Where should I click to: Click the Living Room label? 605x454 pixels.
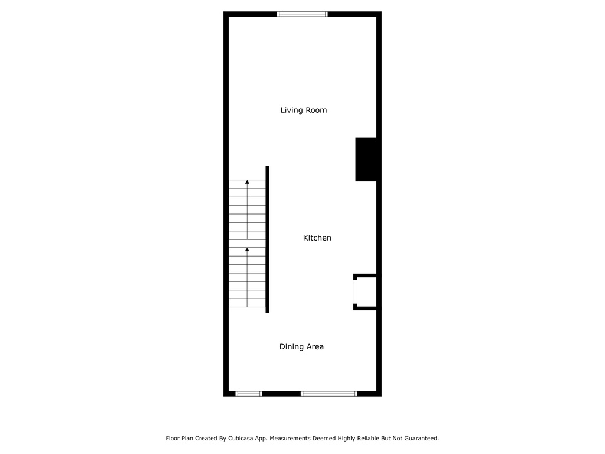click(303, 111)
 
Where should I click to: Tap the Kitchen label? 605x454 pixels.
click(317, 238)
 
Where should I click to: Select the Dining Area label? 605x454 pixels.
click(301, 346)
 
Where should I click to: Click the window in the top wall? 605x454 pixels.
click(302, 14)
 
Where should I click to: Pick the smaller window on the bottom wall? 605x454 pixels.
click(249, 394)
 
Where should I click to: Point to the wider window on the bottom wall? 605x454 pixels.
click(328, 394)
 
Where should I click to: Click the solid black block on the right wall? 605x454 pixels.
click(366, 160)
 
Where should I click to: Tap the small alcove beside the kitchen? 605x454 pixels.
click(365, 292)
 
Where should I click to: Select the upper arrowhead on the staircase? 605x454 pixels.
click(247, 182)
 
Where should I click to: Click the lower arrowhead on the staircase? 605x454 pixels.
click(247, 250)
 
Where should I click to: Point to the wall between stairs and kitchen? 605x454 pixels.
click(268, 239)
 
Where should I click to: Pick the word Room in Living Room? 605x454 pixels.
click(317, 111)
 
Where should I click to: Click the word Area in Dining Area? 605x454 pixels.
click(315, 346)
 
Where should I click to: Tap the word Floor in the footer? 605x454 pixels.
click(173, 439)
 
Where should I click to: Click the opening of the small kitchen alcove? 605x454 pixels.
click(355, 292)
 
